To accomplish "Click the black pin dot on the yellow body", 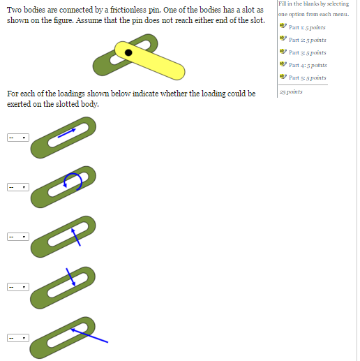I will tap(128, 52).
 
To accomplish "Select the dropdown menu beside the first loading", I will tap(17, 138).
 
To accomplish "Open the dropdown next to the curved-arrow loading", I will tap(17, 187).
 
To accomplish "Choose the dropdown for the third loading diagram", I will tap(17, 237).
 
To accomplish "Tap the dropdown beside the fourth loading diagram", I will tap(17, 287).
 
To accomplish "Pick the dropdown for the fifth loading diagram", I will tap(17, 337).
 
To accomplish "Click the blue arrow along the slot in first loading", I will tap(67, 131).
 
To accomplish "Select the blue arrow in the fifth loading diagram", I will tap(91, 335).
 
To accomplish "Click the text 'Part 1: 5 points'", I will tap(307, 27).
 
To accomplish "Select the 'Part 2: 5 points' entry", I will tap(307, 40).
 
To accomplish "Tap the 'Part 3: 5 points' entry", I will tap(307, 52).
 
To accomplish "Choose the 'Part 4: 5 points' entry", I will tap(307, 65).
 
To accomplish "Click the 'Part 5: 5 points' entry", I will tap(307, 78).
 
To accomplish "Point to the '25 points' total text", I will tap(290, 91).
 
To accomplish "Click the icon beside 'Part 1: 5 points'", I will tap(283, 27).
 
